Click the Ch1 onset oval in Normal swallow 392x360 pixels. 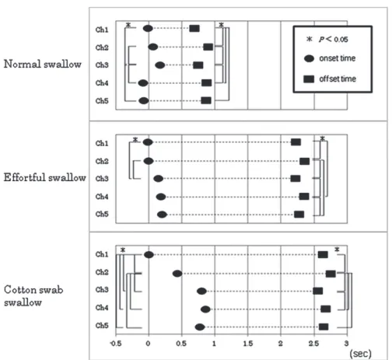click(148, 28)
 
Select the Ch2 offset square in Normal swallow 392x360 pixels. click(208, 47)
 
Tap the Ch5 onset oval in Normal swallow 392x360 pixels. click(144, 100)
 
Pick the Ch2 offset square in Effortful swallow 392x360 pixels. click(304, 161)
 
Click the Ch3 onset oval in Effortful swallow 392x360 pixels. click(159, 179)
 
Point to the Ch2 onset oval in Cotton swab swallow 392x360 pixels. click(177, 274)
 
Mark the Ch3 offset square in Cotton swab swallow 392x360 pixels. click(318, 291)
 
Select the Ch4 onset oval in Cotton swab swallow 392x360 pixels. click(205, 309)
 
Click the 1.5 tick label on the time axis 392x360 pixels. click(248, 344)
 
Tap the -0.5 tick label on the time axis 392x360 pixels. click(116, 344)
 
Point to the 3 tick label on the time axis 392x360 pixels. click(346, 344)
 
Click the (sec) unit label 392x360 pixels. click(361, 353)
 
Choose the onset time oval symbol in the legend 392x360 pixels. click(309, 58)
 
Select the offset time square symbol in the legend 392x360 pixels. click(309, 79)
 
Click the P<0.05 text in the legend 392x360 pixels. click(334, 40)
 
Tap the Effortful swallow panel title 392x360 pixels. click(44, 177)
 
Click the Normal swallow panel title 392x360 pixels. click(43, 64)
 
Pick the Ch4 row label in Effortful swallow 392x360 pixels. click(102, 197)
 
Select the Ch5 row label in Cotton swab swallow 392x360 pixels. click(102, 325)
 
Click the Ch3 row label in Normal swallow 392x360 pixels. click(102, 65)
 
